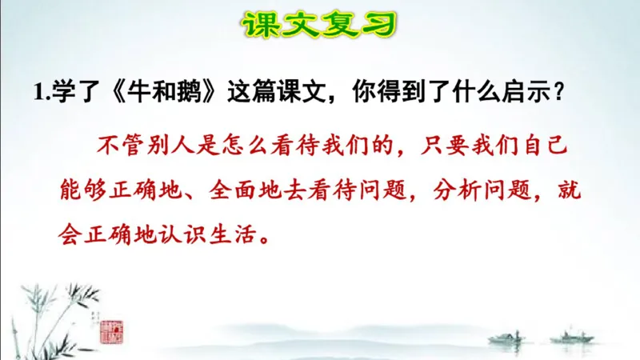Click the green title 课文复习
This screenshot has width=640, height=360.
[319, 25]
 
